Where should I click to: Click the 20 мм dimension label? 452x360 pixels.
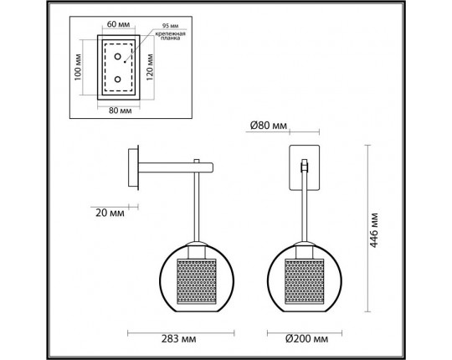[x=107, y=213]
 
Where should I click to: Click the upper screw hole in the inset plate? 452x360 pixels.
[x=118, y=58]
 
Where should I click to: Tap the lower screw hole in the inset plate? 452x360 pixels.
[x=118, y=80]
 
